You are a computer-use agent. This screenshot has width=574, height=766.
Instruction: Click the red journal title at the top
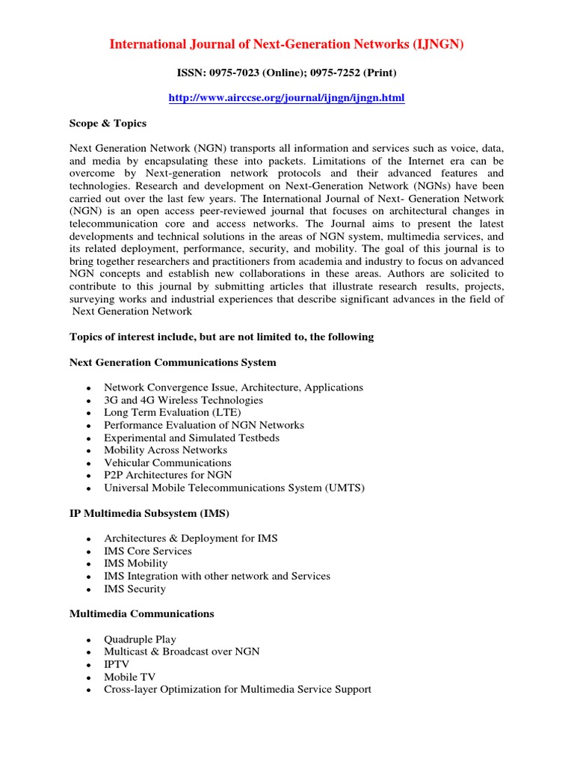(x=287, y=45)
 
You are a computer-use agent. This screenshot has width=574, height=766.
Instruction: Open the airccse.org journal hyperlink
(x=287, y=98)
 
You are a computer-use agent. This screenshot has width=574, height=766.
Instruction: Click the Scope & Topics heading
(x=108, y=123)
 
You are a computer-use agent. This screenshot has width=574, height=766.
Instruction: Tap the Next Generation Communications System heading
(x=173, y=363)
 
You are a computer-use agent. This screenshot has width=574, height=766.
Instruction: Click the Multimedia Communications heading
(x=141, y=613)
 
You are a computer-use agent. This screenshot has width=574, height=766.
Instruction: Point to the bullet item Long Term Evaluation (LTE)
(x=173, y=412)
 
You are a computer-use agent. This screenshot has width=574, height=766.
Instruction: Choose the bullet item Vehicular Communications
(x=167, y=462)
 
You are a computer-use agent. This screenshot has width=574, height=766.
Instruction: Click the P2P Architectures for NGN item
(x=168, y=475)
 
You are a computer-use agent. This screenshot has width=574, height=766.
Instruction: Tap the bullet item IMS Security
(x=135, y=589)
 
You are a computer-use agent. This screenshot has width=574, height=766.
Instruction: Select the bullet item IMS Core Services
(x=148, y=551)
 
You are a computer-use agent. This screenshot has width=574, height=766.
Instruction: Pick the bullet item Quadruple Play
(x=141, y=639)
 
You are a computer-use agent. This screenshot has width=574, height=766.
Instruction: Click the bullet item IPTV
(x=117, y=664)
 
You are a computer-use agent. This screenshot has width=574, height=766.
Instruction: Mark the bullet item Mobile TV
(x=129, y=676)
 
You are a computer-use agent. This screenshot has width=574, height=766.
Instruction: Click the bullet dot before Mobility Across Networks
(x=88, y=451)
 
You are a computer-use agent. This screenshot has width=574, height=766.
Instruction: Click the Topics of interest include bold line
(x=221, y=337)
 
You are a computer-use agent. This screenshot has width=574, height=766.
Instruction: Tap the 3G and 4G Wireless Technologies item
(x=183, y=400)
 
